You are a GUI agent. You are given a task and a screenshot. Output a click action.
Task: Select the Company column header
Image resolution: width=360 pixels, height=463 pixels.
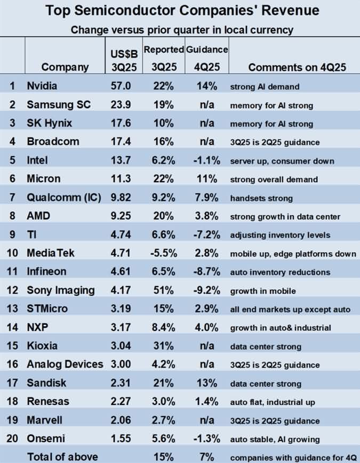65,67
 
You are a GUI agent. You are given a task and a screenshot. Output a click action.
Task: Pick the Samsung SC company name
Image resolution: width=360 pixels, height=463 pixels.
59,105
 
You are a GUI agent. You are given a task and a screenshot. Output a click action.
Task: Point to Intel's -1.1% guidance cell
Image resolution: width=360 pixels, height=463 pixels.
206,161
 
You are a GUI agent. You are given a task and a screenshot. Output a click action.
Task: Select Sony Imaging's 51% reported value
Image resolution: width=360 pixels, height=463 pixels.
163,290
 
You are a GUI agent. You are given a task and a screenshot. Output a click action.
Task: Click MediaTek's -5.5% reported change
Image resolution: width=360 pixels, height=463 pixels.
162,253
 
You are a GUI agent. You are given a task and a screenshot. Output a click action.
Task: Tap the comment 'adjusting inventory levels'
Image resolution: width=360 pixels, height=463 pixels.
280,235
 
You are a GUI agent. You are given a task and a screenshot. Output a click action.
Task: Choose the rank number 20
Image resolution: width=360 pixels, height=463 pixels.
12,439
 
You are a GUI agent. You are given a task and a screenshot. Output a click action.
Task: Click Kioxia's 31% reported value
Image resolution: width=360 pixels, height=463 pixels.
163,346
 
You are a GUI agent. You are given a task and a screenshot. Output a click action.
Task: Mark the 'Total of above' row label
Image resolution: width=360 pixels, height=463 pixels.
62,457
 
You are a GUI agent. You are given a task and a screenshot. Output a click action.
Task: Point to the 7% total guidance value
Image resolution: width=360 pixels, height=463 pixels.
206,457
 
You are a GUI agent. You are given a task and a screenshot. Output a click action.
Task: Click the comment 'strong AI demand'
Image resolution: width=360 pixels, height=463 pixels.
265,86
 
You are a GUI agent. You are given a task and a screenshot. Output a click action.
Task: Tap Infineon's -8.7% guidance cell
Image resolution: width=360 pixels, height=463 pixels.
206,272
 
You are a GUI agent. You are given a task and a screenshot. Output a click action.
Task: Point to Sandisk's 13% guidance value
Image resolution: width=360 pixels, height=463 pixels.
206,384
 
